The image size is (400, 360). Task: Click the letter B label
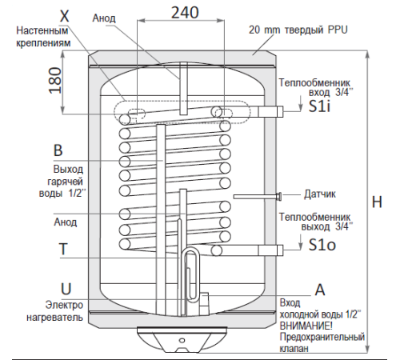pyautogui.click(x=57, y=150)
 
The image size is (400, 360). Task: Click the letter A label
pyautogui.click(x=320, y=289)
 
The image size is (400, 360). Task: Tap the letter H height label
pyautogui.click(x=377, y=203)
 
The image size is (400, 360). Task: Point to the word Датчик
pyautogui.click(x=320, y=194)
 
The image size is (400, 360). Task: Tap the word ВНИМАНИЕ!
pyautogui.click(x=309, y=326)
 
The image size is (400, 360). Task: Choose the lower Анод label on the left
pyautogui.click(x=64, y=222)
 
